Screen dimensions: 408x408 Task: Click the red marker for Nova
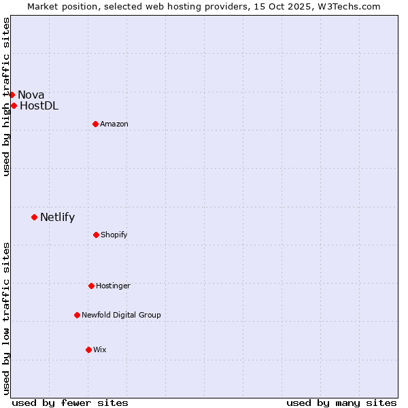12,95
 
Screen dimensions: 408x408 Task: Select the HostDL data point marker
14,105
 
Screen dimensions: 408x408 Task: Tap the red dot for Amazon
95,124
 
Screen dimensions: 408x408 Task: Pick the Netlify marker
34,217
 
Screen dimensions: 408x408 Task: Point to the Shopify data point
96,235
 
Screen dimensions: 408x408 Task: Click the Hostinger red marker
91,286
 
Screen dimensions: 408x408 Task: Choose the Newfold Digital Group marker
77,315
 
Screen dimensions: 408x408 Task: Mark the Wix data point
88,350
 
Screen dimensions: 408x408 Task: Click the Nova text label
31,95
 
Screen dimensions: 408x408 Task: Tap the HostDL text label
39,105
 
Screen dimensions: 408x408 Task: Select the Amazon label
114,124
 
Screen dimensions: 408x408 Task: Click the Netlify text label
57,218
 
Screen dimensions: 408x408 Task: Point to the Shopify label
114,235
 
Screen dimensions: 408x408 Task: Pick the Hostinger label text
113,286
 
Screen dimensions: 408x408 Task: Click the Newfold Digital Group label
121,315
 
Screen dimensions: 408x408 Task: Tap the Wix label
99,350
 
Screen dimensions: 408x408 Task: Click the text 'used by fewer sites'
70,403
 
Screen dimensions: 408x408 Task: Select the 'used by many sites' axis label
341,403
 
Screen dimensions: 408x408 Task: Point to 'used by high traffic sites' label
6,97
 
